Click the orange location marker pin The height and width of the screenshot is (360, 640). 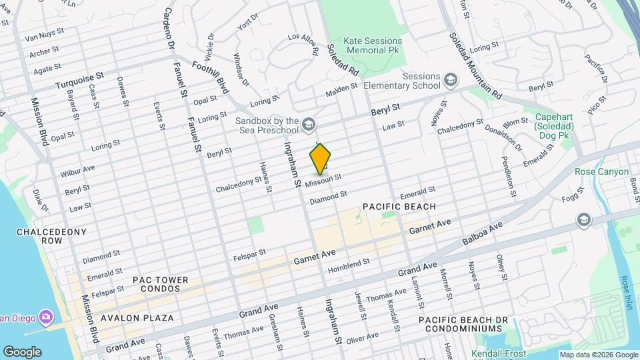(x=320, y=159)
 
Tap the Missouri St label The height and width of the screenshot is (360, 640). (x=323, y=180)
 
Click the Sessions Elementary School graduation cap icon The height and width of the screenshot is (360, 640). (x=451, y=81)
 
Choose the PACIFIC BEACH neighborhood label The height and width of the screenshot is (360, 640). (x=399, y=207)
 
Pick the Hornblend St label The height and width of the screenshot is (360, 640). (x=349, y=266)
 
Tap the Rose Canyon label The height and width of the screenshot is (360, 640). (x=602, y=171)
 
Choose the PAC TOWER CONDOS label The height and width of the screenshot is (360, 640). (x=160, y=285)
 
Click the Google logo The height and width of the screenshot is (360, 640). (x=22, y=351)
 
